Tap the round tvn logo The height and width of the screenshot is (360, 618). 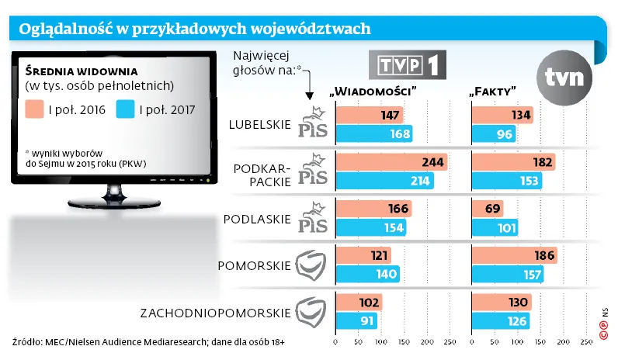tap(568, 76)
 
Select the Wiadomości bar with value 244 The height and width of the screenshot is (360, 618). tap(391, 162)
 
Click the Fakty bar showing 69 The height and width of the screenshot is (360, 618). tap(488, 208)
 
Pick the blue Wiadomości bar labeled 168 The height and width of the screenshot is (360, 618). tap(373, 133)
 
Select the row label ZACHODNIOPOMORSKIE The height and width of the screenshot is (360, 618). tap(216, 313)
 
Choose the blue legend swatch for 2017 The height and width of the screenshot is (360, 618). tap(124, 109)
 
